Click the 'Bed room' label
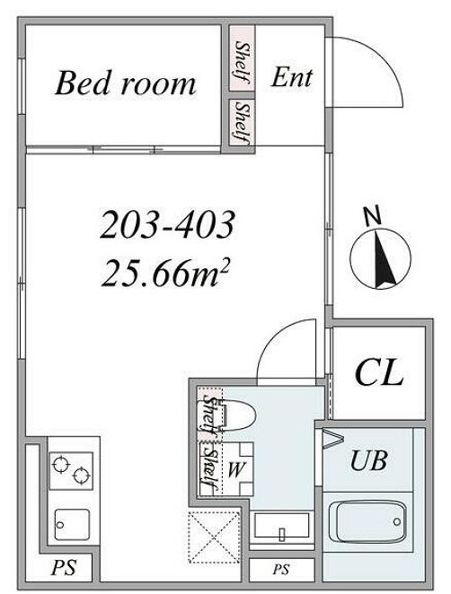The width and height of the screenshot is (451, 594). (126, 83)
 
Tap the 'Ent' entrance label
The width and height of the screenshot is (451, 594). (291, 77)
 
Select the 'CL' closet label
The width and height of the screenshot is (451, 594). (378, 372)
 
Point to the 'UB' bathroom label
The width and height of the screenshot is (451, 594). (368, 460)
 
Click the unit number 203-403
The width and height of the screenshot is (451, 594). (167, 225)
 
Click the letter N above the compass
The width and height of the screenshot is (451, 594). (372, 215)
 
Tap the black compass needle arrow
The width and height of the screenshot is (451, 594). (384, 260)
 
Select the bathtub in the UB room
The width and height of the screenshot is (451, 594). (367, 521)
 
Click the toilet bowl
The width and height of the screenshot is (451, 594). (238, 415)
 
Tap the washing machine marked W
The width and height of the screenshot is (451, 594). (235, 469)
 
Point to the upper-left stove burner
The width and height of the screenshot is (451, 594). (61, 464)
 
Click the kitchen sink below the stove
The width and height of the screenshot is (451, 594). (72, 524)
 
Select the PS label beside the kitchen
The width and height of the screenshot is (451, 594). (64, 568)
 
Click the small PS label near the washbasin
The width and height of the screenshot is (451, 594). (281, 569)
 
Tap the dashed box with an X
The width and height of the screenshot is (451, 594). (214, 537)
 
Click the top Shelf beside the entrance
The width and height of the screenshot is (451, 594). (242, 62)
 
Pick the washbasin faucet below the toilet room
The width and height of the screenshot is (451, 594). (282, 533)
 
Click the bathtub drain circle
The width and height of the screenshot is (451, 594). (397, 521)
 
